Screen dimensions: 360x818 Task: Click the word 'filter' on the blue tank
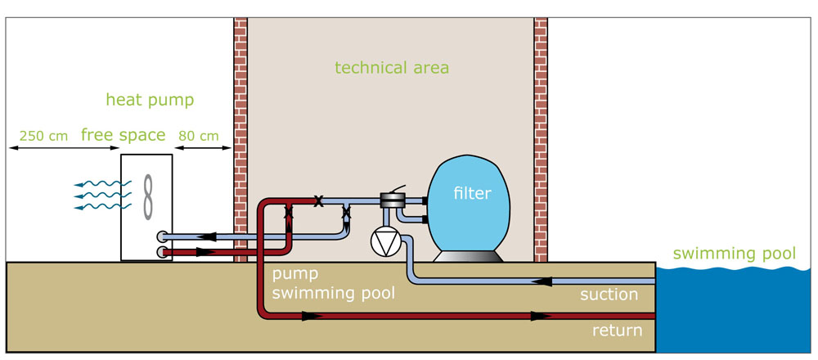tap(472, 194)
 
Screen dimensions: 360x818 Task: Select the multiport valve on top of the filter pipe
tap(393, 200)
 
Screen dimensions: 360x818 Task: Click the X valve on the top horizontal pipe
tap(318, 200)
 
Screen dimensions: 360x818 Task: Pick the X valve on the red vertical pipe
tap(288, 214)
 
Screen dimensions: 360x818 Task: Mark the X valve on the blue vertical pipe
tap(346, 214)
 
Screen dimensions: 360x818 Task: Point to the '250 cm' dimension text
tap(43, 136)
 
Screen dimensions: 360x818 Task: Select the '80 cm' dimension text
tap(200, 136)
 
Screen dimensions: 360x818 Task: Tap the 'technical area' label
tap(392, 67)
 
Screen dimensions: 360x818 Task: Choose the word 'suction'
tap(608, 295)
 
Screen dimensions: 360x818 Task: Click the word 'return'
tap(617, 331)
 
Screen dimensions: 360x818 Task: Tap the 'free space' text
tap(123, 135)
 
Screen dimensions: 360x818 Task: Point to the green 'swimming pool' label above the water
tap(733, 254)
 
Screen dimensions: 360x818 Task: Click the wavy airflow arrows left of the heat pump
tap(96, 196)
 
